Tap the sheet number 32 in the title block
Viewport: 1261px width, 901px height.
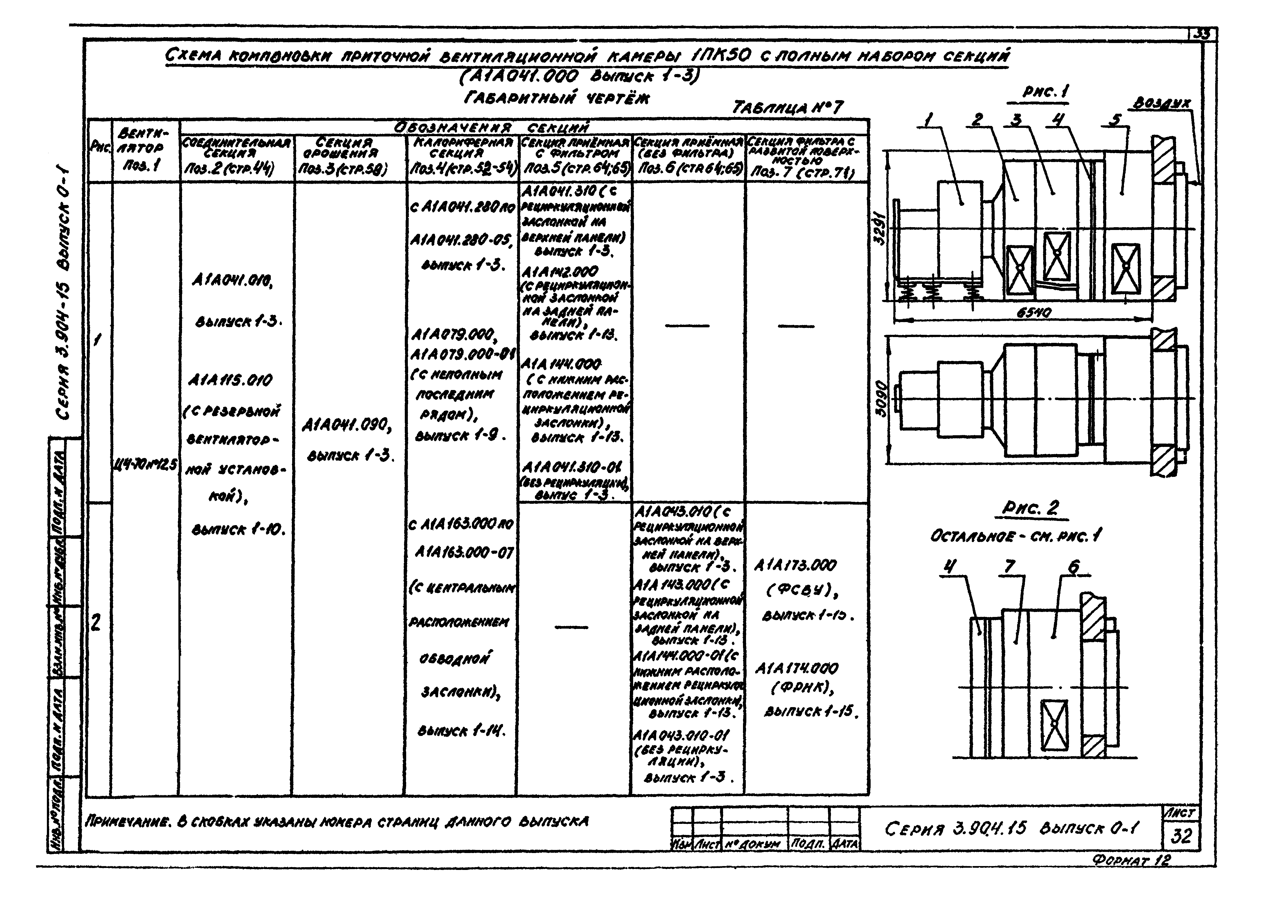point(1181,836)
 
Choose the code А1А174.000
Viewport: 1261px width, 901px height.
point(797,669)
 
